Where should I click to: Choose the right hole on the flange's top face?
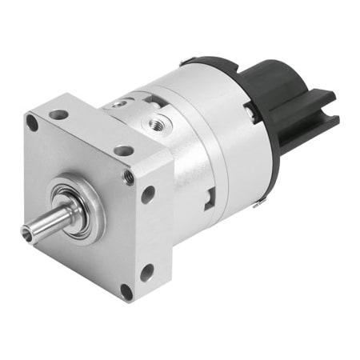(x=123, y=150)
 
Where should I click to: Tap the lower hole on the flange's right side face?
(x=147, y=273)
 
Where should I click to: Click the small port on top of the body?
(x=120, y=103)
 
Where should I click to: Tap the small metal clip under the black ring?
(x=258, y=204)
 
